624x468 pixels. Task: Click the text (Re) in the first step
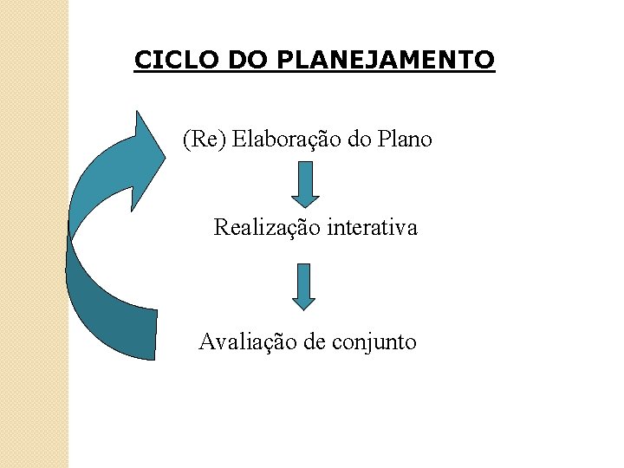pos(203,139)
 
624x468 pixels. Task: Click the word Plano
pos(403,139)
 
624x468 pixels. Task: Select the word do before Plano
pos(357,139)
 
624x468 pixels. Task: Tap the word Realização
pos(267,228)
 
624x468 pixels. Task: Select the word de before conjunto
pos(315,341)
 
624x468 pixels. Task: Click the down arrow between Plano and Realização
pos(304,183)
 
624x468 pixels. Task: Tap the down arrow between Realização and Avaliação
pos(303,286)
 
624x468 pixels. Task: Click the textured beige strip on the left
pos(34,234)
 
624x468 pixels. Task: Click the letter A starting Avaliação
pos(206,341)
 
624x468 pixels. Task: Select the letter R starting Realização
pos(221,228)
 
